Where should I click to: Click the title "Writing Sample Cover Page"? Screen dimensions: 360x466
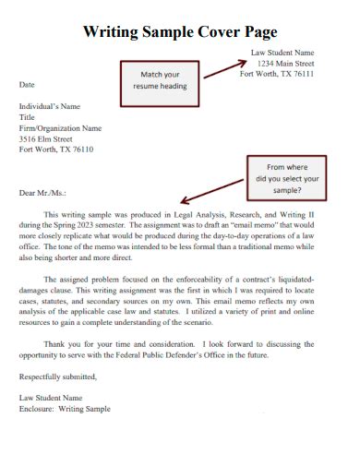180,31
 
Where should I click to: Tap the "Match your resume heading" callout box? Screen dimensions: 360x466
163,79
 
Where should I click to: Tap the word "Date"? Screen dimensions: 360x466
28,84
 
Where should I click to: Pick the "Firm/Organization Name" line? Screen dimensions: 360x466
60,128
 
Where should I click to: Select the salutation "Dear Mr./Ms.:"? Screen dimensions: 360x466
43,193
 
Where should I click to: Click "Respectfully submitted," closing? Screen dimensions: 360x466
57,376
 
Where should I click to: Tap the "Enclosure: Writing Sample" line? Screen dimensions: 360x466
65,408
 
